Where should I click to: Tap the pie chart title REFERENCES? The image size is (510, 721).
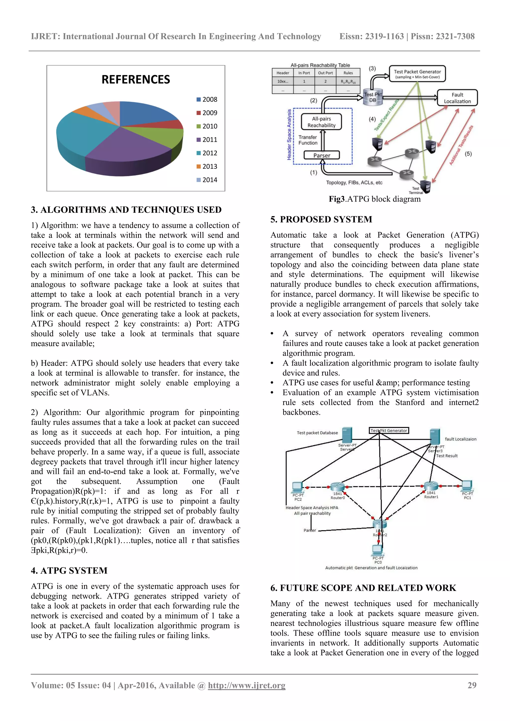pyautogui.click(x=136, y=80)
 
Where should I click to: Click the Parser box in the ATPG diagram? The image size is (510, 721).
pyautogui.click(x=322, y=156)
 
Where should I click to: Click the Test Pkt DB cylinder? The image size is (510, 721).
pyautogui.click(x=373, y=98)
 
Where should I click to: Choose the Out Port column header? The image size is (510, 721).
pyautogui.click(x=325, y=73)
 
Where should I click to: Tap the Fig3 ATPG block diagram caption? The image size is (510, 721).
pyautogui.click(x=375, y=199)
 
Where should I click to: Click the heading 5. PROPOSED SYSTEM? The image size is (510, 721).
pyautogui.click(x=321, y=220)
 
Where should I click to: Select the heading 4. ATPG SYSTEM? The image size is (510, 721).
pyautogui.click(x=69, y=571)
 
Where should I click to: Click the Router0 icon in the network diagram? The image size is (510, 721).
pyautogui.click(x=337, y=487)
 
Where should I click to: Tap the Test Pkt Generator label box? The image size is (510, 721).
pyautogui.click(x=389, y=431)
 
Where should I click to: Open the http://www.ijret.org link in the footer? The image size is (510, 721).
pyautogui.click(x=247, y=685)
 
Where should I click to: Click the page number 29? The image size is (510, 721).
pyautogui.click(x=472, y=685)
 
